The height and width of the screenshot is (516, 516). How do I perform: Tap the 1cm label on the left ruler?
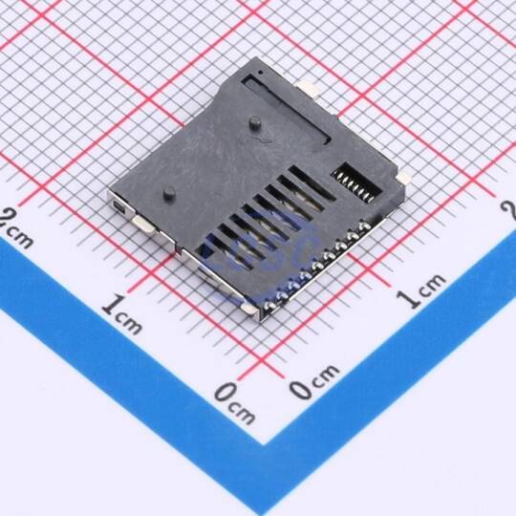pyautogui.click(x=121, y=314)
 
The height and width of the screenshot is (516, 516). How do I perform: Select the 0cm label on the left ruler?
pyautogui.click(x=234, y=403)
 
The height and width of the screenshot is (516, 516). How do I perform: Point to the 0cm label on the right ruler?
pyautogui.click(x=314, y=381)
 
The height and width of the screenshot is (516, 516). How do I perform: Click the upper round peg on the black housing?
pyautogui.click(x=255, y=123)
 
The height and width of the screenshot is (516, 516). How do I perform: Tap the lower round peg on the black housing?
pyautogui.click(x=169, y=194)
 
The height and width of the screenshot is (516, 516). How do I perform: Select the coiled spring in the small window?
pyautogui.click(x=355, y=187)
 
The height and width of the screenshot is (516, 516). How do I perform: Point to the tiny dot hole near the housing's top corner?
pyautogui.click(x=260, y=72)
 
